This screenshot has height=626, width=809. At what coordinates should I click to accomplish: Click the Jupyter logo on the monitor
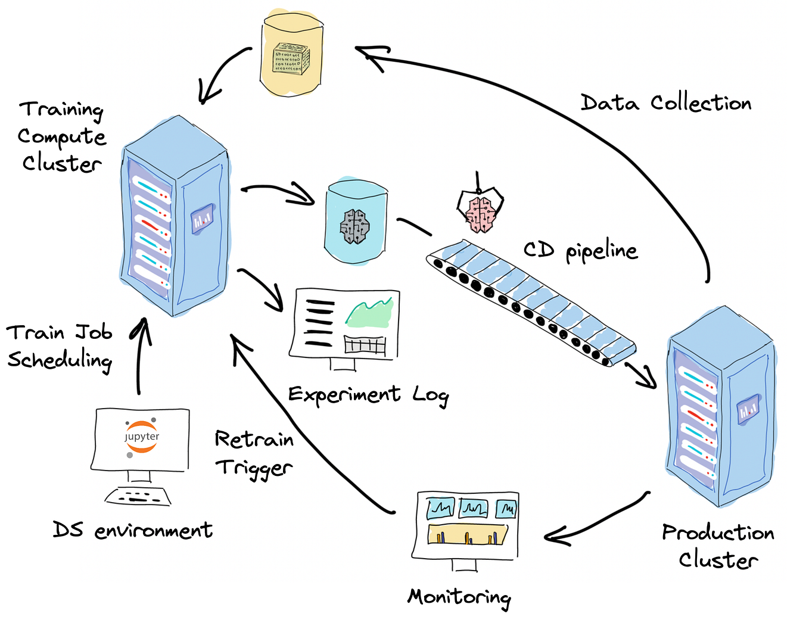point(142,437)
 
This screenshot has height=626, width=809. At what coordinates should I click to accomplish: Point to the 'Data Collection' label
point(665,103)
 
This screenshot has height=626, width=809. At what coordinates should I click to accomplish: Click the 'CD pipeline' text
point(580,251)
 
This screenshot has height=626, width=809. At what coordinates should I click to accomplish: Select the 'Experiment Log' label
point(368,395)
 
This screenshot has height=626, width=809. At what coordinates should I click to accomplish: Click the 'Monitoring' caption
point(459,597)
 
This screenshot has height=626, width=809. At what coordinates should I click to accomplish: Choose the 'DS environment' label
point(132,530)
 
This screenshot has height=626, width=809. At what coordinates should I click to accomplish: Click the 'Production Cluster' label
point(718,546)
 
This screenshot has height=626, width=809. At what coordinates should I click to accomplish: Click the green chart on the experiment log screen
point(369,313)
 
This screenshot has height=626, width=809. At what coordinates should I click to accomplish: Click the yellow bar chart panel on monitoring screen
point(468,534)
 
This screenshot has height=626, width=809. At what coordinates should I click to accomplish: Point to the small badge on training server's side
point(201,220)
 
